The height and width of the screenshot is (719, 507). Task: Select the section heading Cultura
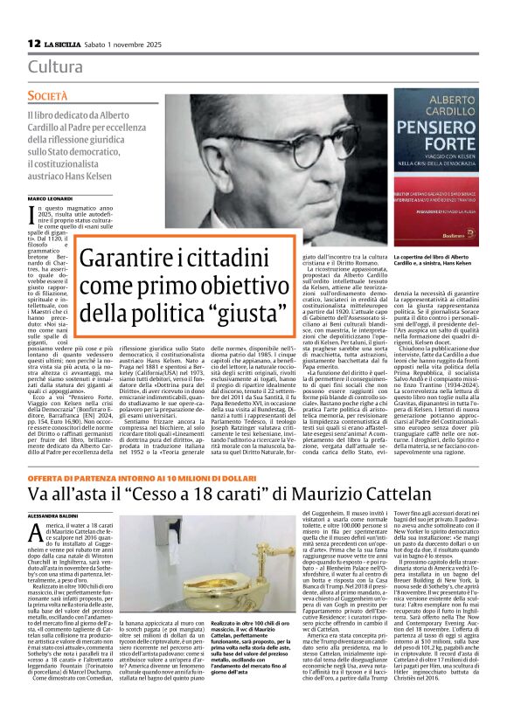click(x=55, y=66)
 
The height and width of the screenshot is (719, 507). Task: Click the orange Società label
click(x=47, y=94)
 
